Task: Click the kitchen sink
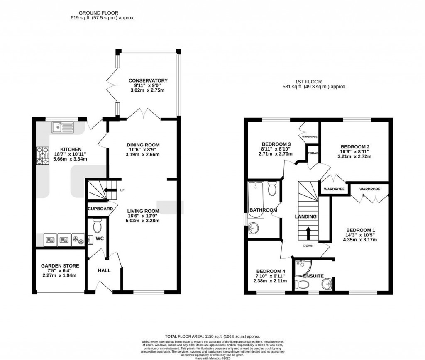(x=62, y=127)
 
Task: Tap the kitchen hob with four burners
(x=42, y=156)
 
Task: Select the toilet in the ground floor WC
(x=98, y=226)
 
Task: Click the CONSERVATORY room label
(x=148, y=80)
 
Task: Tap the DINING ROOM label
(x=143, y=145)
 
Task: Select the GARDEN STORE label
(x=60, y=266)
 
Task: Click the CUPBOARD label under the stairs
(x=100, y=209)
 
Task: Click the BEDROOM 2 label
(x=355, y=147)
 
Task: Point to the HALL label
(x=104, y=270)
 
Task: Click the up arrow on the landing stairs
(x=308, y=233)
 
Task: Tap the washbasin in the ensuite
(x=327, y=285)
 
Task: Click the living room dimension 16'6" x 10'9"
(x=143, y=215)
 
